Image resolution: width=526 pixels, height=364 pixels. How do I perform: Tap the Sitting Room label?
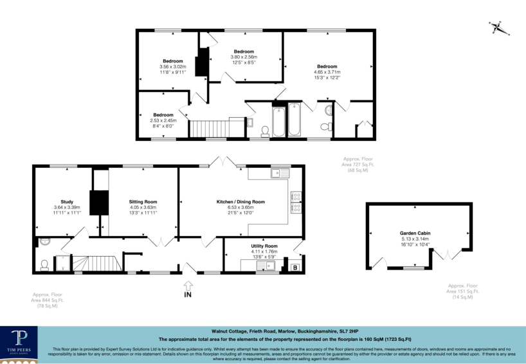[x=143, y=201]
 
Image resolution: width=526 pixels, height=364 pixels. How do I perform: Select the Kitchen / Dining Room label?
[x=240, y=201]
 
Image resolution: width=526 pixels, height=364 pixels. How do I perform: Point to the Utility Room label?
[x=264, y=246]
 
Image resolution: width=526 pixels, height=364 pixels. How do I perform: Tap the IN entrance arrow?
[x=188, y=287]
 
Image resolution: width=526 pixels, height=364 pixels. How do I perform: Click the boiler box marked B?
[x=295, y=267]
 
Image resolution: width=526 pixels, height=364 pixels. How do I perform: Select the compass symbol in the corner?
[x=497, y=28]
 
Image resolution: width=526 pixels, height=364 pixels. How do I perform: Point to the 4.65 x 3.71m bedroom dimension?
[x=327, y=73]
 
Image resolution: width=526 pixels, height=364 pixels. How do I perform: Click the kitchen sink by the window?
[x=280, y=172]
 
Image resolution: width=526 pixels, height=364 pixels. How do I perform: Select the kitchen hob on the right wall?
[x=297, y=202]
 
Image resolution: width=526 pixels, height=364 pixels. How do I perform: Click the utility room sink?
[x=265, y=265]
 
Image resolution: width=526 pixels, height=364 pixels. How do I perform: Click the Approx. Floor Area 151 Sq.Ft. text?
[x=463, y=291]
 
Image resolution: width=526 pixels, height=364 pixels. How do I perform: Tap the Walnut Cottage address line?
[x=281, y=327]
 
